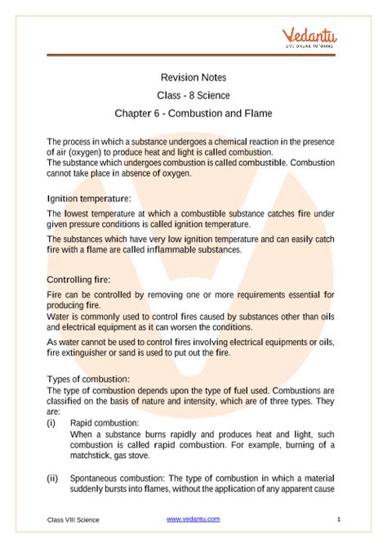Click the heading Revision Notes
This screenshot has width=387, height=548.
(x=193, y=77)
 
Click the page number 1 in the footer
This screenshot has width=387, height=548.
(x=337, y=519)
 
